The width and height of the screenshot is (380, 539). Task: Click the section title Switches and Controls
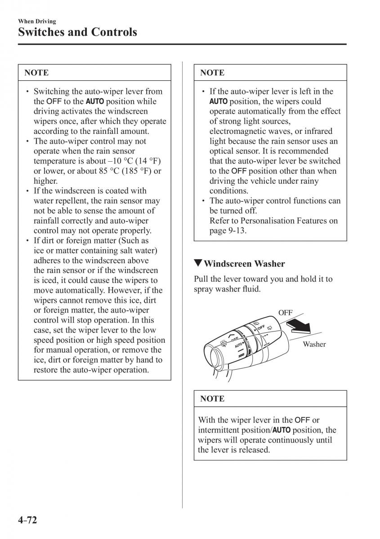(x=77, y=32)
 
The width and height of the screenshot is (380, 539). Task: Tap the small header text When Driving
(x=37, y=21)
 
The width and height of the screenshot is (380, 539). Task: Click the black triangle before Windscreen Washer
(x=198, y=263)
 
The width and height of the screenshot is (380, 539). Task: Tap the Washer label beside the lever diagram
(x=314, y=344)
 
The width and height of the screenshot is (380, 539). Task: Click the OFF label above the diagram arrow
(x=285, y=312)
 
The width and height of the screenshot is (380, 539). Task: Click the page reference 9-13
(x=237, y=230)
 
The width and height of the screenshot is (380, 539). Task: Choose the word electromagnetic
(x=235, y=131)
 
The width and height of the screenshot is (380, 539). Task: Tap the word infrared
(x=317, y=131)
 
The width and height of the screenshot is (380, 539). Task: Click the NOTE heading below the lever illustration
(x=212, y=398)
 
